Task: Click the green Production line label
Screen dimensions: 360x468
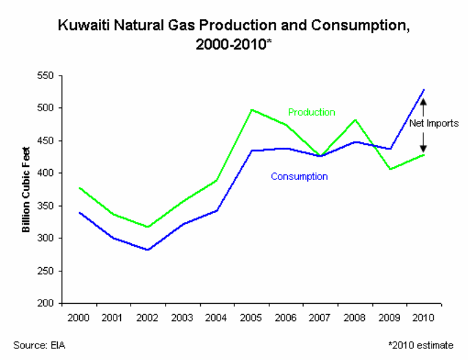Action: [x=311, y=112]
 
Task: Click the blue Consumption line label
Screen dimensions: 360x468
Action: [x=299, y=177]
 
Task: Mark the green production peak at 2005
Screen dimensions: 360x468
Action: [x=252, y=110]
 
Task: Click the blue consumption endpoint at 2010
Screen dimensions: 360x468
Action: [x=423, y=89]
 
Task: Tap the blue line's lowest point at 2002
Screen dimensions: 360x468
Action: [x=148, y=250]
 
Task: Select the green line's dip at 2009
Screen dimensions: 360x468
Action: [x=389, y=169]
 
